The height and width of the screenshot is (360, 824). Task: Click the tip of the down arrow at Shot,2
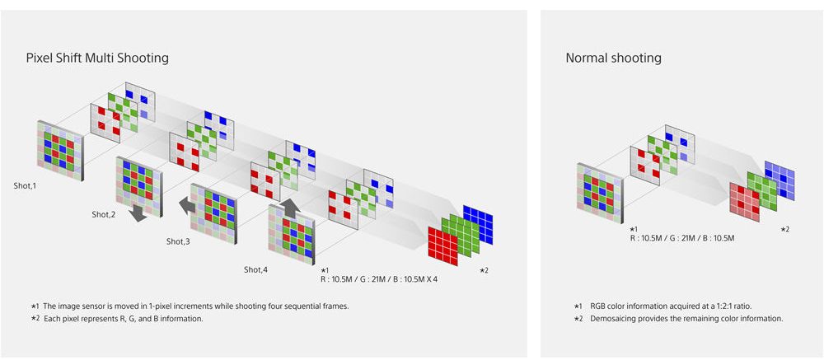(x=139, y=222)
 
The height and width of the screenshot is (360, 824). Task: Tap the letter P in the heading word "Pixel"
(x=30, y=58)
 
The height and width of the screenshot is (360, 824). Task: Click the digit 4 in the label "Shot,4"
(x=265, y=270)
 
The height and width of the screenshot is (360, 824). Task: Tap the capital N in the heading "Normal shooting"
(x=570, y=58)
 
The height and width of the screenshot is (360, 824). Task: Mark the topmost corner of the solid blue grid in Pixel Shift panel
(x=463, y=205)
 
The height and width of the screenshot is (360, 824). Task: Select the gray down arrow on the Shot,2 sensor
(x=138, y=213)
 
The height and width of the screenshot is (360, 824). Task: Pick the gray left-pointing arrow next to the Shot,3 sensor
(x=187, y=205)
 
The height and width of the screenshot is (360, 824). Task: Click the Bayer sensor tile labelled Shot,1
(x=59, y=151)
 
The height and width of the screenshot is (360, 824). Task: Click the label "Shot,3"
(x=178, y=241)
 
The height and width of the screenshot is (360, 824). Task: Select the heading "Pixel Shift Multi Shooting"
(x=97, y=58)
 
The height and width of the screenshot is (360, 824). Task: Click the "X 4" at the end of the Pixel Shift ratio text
(x=431, y=279)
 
